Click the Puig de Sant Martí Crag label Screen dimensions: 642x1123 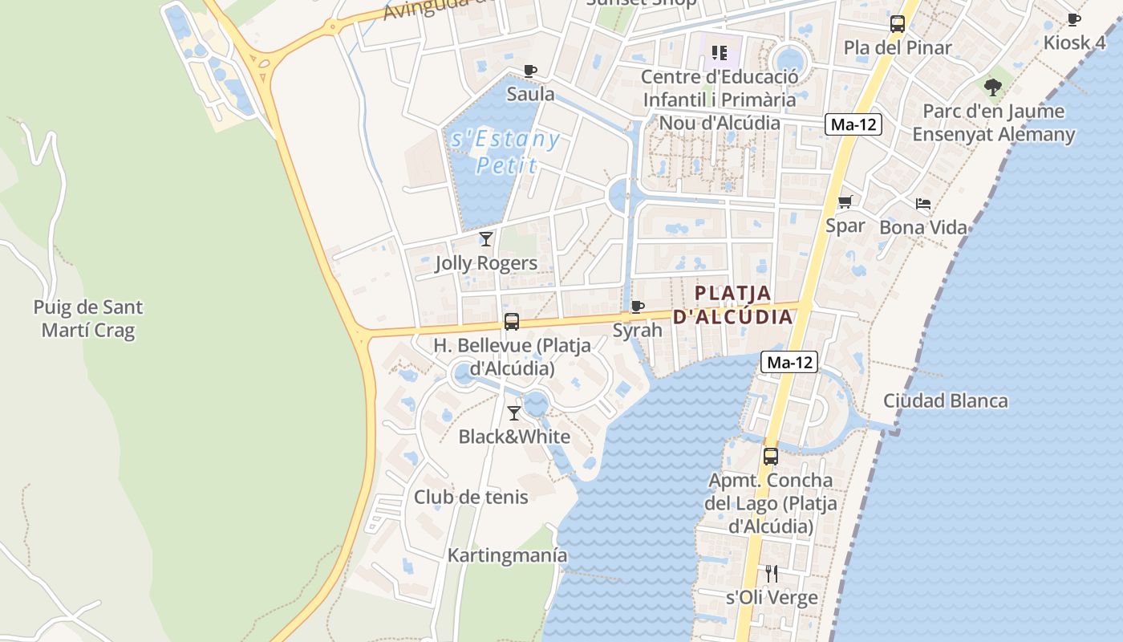coord(88,319)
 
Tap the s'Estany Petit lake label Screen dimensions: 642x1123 coord(505,152)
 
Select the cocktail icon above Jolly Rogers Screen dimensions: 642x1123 coord(486,238)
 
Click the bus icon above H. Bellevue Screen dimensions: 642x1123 coord(511,322)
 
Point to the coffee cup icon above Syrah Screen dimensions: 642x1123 coord(638,307)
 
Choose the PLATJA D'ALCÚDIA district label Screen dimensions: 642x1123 coord(732,305)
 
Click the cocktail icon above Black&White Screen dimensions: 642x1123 coord(514,413)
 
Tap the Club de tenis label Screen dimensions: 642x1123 coord(471,497)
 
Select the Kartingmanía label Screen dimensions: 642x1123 coord(507,555)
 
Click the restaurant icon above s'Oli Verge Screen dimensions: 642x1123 coord(772,574)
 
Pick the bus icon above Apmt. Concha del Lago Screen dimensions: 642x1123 coord(771,457)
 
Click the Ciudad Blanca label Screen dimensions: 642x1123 coord(946,400)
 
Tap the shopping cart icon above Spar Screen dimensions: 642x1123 coord(845,202)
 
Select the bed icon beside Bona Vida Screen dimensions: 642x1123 coord(923,204)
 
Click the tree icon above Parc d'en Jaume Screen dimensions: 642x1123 coord(993,87)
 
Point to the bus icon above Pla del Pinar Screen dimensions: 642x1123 coord(898,24)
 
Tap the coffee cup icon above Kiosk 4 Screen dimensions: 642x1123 coord(1074,19)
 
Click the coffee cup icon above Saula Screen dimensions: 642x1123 coord(530,71)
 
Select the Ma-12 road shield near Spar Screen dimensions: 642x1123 coord(853,124)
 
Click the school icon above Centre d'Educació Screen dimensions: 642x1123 coord(720,53)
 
